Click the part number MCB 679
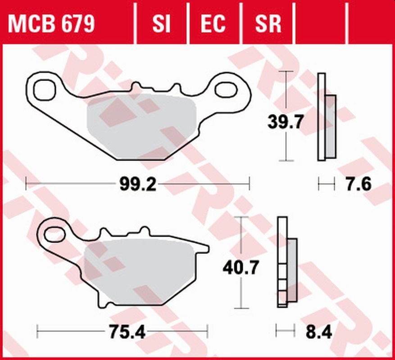point(51,24)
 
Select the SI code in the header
point(161,24)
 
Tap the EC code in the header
point(213,24)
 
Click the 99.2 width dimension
point(138,184)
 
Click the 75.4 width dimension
point(127,333)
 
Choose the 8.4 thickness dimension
point(319,333)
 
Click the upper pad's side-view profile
point(326,117)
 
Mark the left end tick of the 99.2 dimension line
point(27,184)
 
